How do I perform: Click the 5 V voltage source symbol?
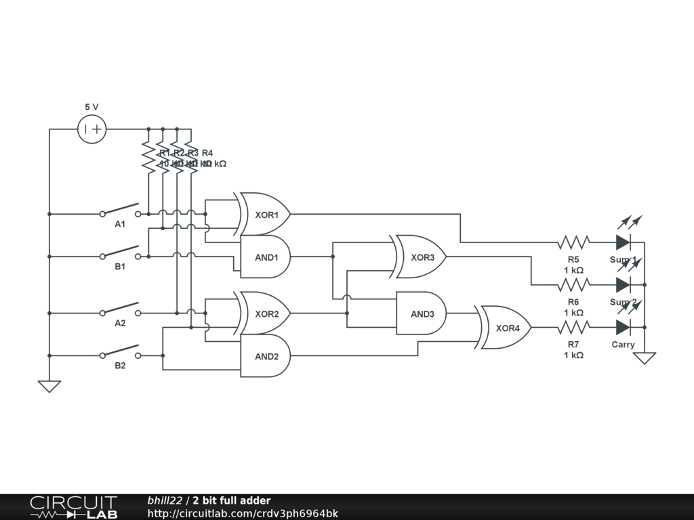92,129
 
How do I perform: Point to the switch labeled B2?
121,351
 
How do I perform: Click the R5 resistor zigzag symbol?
573,242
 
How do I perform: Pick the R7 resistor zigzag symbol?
573,328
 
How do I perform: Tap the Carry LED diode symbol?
624,328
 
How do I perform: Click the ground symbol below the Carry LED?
644,357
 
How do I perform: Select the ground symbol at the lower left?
49,386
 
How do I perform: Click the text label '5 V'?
91,107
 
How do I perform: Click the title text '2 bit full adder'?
231,500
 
